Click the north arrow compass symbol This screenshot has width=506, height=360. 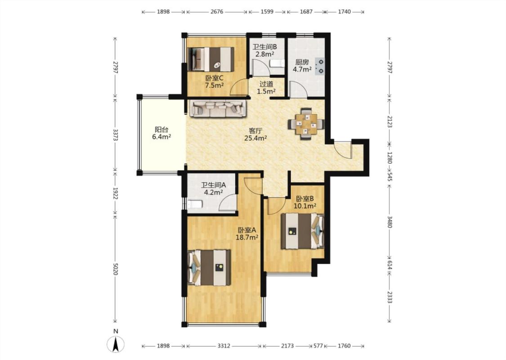pos(116,344)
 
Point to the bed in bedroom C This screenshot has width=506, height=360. pos(211,59)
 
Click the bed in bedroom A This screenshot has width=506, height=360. pos(209,267)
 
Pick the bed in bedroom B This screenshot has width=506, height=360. pos(302,231)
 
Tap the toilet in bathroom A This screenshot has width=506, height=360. pos(195,204)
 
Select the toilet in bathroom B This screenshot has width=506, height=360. pos(277,63)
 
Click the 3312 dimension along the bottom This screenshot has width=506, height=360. pos(224,346)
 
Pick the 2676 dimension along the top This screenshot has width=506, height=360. pos(217,12)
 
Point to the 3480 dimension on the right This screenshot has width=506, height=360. pos(390,222)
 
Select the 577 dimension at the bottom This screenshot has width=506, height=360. pos(318,346)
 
